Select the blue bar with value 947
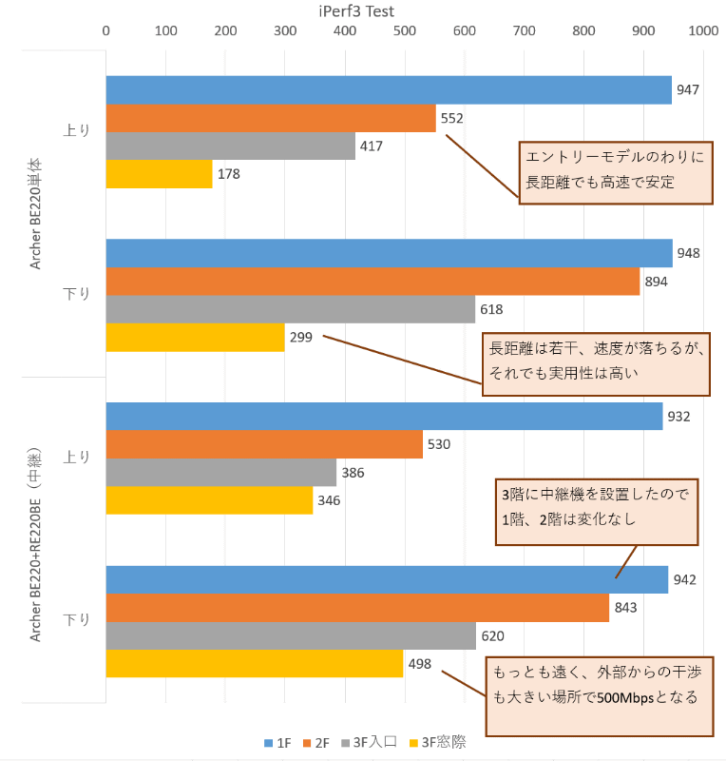coord(388,90)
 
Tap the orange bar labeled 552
coord(270,118)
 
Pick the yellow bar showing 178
coord(159,174)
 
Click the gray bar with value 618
coord(290,309)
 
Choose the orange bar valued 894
coord(372,282)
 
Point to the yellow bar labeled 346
coord(209,500)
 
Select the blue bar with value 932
coord(383,417)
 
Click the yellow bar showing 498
coord(254,664)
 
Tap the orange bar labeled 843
coord(356,608)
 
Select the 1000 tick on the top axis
coord(703,30)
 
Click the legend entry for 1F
coord(277,742)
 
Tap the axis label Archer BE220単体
coord(35,214)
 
